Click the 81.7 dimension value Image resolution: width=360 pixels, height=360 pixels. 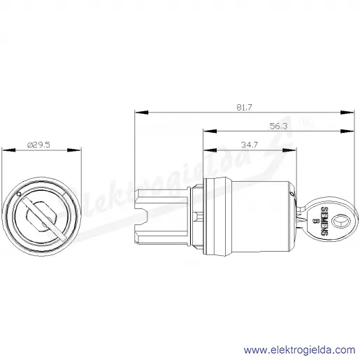pos(244,107)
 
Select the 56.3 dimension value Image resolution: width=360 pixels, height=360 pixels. pos(278,126)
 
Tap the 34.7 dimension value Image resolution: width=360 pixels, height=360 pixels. pos(250,145)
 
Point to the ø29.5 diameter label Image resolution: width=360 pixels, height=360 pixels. pos(38,145)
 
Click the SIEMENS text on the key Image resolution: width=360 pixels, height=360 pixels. pos(324,221)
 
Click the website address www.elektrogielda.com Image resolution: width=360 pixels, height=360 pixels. pos(299,350)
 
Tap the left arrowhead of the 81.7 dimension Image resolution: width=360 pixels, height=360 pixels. pos(142,113)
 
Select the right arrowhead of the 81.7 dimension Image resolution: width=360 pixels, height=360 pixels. pos(347,113)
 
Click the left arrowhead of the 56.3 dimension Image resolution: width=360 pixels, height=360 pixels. pos(210,131)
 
